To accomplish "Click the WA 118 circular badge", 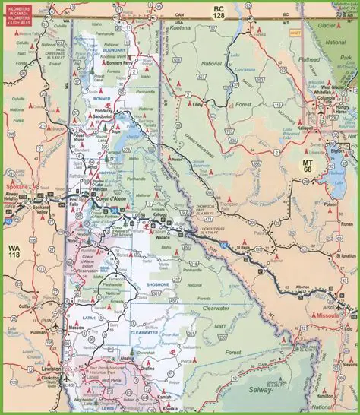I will [x=14, y=252].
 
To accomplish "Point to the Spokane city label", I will [x=14, y=187].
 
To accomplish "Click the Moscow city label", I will [x=77, y=327].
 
